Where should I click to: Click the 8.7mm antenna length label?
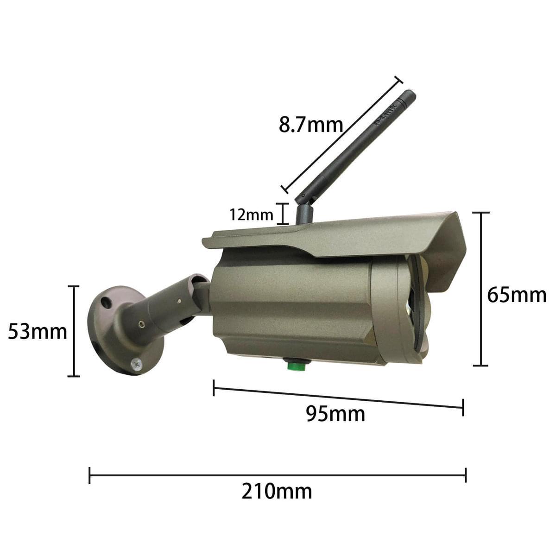pyautogui.click(x=311, y=125)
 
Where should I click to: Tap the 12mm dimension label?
pyautogui.click(x=251, y=215)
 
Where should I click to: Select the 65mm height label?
pyautogui.click(x=517, y=295)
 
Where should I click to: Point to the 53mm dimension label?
pyautogui.click(x=37, y=332)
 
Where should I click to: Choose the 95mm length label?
pyautogui.click(x=335, y=414)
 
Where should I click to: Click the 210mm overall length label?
pyautogui.click(x=277, y=492)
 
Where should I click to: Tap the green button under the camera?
pyautogui.click(x=297, y=366)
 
